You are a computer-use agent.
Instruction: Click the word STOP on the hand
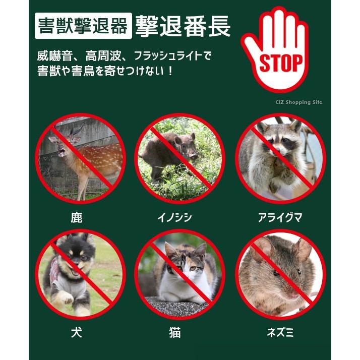281,63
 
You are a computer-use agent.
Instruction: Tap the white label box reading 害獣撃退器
83,26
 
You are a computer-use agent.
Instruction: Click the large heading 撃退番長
183,26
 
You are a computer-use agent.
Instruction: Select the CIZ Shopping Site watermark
299,102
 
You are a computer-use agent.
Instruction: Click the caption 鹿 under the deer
77,217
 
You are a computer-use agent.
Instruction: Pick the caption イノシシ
175,217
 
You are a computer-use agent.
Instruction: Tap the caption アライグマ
280,217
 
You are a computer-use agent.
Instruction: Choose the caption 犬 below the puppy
77,332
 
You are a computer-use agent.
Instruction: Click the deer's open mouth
62,152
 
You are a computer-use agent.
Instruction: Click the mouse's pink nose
294,294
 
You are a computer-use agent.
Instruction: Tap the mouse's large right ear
302,250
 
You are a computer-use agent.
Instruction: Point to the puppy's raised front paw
65,298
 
